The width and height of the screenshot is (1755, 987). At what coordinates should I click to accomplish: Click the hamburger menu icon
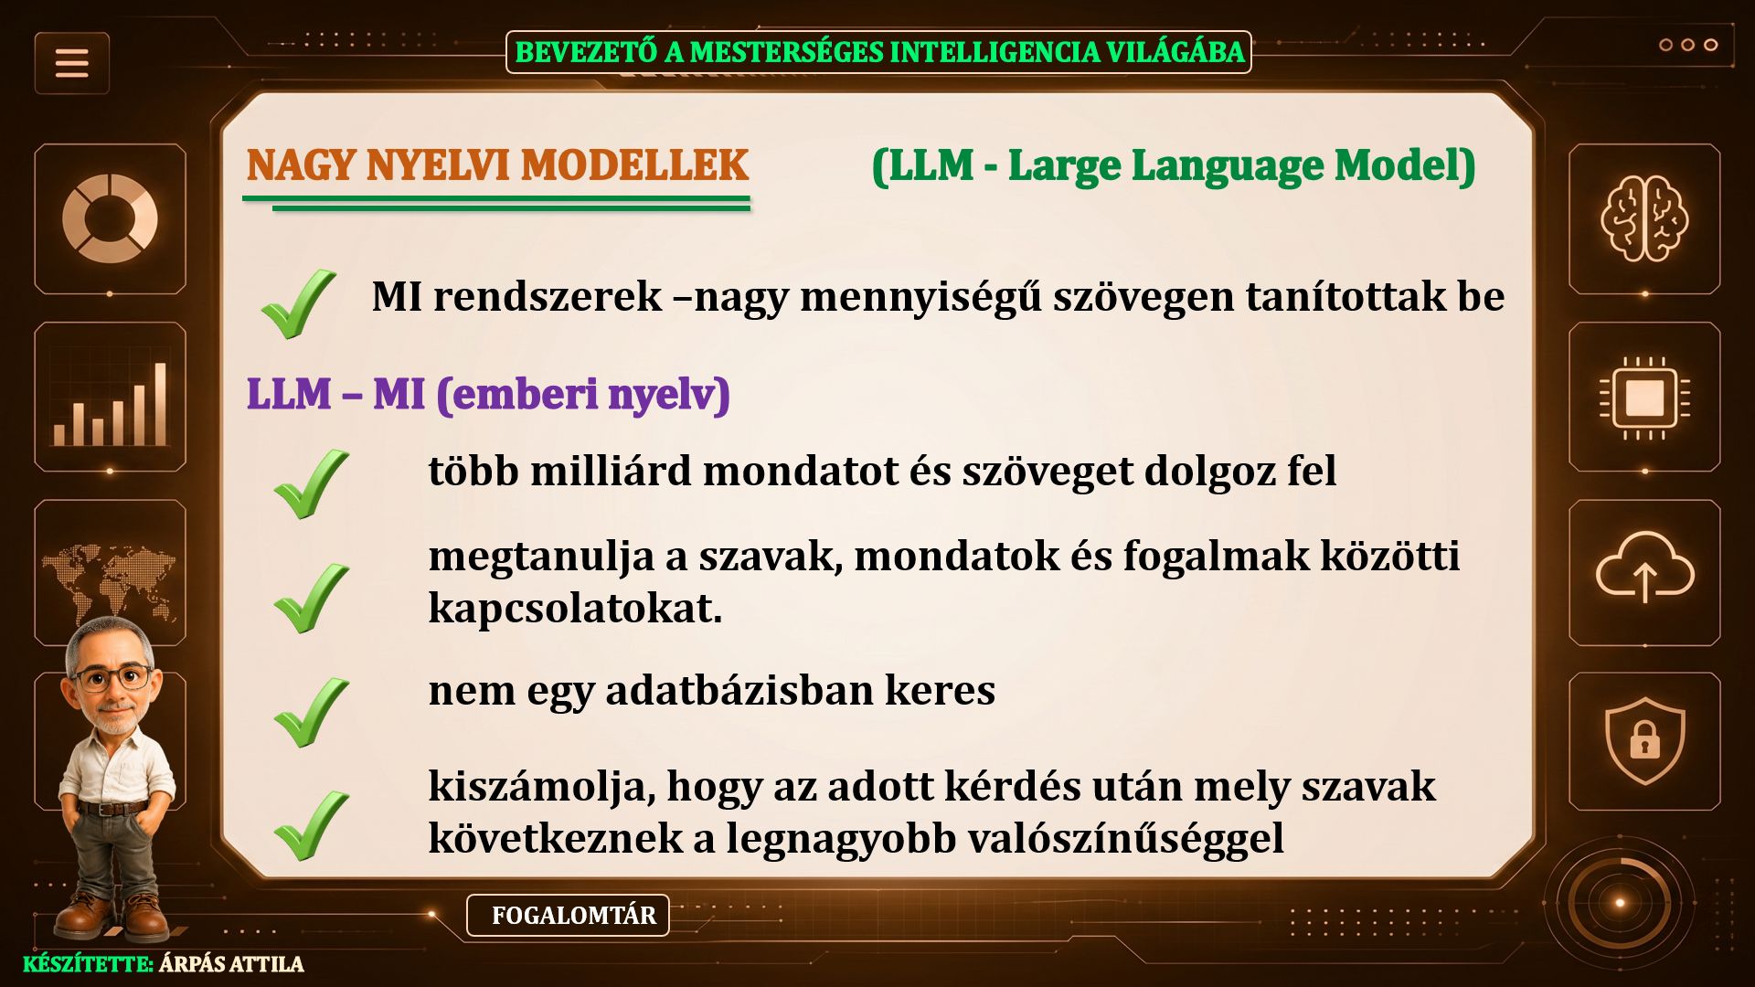(x=72, y=63)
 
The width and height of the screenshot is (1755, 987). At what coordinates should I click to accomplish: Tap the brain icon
(x=1644, y=218)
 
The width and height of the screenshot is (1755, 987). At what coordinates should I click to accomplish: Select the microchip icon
(x=1644, y=398)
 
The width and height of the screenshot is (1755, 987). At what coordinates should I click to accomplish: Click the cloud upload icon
(x=1644, y=568)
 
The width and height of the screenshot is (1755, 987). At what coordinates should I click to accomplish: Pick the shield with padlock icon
(x=1644, y=741)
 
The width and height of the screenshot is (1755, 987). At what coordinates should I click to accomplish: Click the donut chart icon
(x=110, y=218)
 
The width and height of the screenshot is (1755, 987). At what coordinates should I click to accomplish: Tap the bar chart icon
(x=110, y=403)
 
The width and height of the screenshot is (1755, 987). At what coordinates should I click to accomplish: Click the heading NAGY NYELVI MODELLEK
(x=497, y=165)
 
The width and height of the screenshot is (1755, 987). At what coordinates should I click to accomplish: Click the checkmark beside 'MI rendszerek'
(x=298, y=303)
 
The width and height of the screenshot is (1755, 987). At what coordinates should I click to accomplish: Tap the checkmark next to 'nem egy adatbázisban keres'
(x=311, y=712)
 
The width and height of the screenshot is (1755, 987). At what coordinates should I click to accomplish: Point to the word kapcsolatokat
(x=575, y=609)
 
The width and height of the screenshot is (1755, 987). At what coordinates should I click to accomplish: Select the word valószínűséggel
(x=1126, y=839)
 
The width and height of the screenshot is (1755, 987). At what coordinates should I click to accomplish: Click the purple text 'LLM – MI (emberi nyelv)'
(x=488, y=395)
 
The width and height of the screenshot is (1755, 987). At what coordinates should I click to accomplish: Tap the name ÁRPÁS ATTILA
(x=231, y=964)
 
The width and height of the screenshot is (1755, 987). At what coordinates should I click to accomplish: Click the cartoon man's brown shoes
(x=113, y=915)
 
